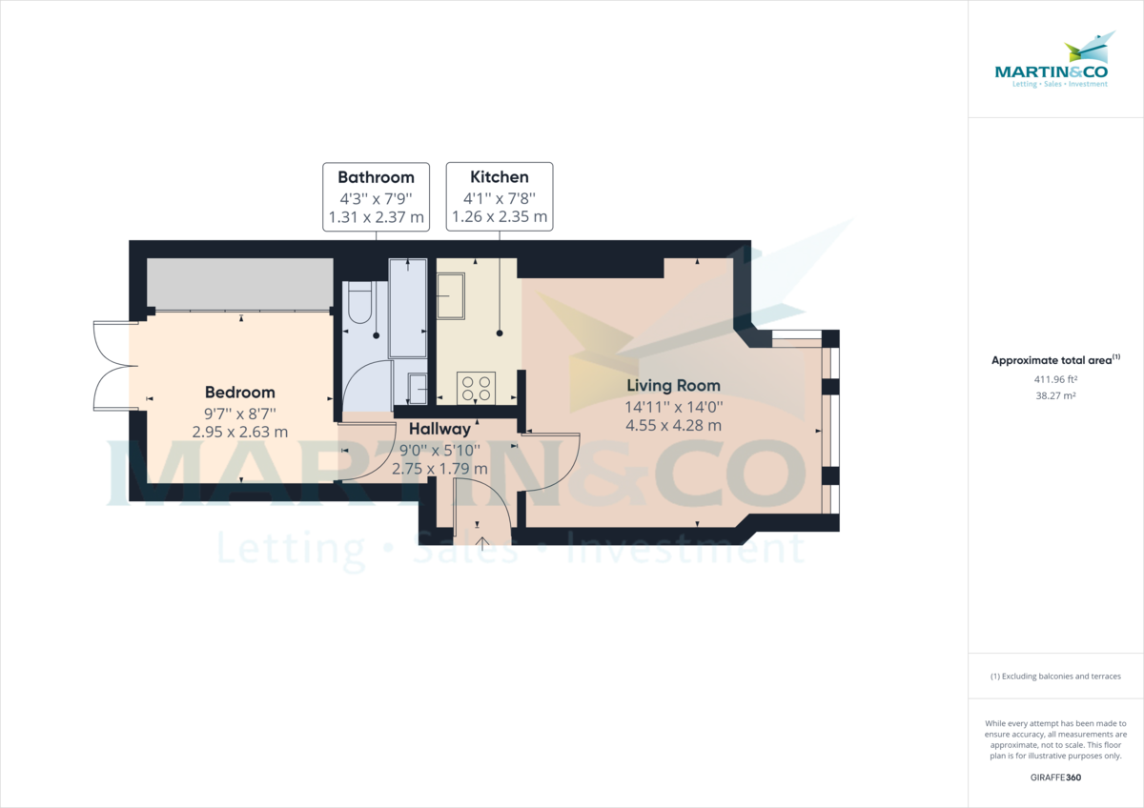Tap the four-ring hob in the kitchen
coord(477,387)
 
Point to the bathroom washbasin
coord(417,387)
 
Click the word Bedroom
coord(240,393)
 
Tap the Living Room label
coord(673,386)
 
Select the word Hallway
coord(439,430)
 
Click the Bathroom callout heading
coord(376,177)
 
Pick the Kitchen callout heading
coord(499,177)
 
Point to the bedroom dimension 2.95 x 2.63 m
coord(240,432)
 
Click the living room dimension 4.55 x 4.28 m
coord(673,425)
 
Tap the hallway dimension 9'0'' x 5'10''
coord(439,450)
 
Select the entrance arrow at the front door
coord(482,544)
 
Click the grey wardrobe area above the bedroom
coord(239,283)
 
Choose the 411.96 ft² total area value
coord(1055,379)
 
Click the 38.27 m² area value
coord(1055,394)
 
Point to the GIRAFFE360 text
coord(1055,778)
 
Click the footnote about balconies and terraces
coord(1055,677)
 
